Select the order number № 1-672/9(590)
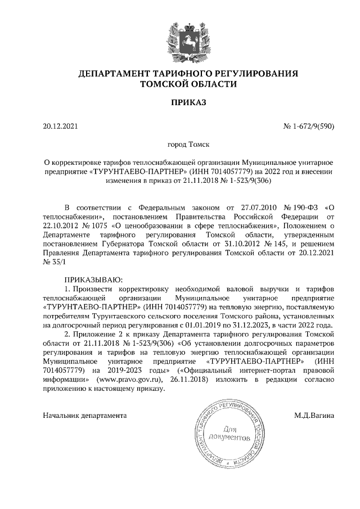tap(309, 127)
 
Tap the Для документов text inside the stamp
tap(228, 432)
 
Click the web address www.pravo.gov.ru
tap(133, 380)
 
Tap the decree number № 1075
tap(73, 226)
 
